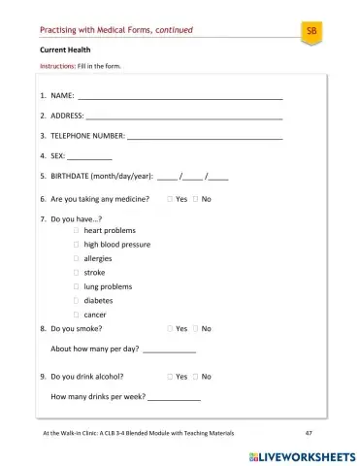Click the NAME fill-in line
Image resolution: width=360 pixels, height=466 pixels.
tap(180, 98)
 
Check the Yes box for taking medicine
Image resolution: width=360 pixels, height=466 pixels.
tap(170, 198)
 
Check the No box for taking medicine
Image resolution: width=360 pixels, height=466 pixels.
tap(195, 198)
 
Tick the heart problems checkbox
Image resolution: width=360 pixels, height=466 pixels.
tap(76, 231)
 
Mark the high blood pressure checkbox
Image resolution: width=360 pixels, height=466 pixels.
tap(76, 245)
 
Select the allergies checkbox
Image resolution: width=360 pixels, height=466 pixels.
tap(76, 259)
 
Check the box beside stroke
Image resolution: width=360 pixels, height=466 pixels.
tap(76, 273)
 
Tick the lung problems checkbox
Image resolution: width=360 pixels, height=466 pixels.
tap(76, 286)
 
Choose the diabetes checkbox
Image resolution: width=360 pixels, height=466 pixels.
tap(76, 301)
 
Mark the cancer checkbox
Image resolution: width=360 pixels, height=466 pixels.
tap(76, 315)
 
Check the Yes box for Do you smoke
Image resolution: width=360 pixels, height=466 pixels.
tap(170, 329)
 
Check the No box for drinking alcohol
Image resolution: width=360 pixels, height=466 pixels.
tap(195, 376)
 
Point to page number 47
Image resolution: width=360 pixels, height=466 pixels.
tap(308, 432)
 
